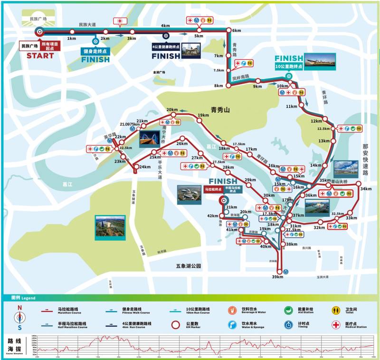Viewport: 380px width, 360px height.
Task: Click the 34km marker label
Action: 366,189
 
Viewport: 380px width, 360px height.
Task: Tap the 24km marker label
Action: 145,167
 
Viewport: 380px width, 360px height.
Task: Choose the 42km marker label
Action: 212,216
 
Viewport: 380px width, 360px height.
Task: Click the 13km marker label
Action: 324,141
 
